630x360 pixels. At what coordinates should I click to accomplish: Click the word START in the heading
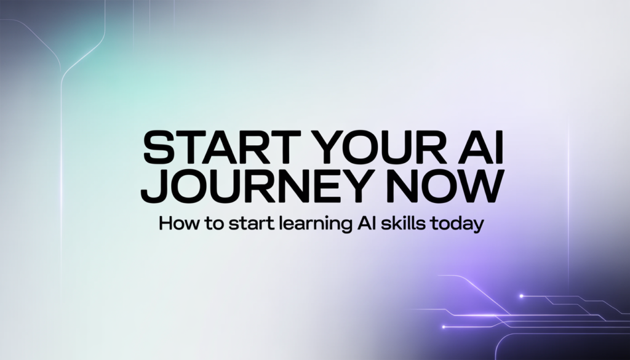222,147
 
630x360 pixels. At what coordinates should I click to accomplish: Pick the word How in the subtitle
179,223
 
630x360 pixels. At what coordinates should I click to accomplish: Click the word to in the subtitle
213,223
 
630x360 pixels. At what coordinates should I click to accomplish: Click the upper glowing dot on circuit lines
522,296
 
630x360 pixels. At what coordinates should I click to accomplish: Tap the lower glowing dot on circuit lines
444,327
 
